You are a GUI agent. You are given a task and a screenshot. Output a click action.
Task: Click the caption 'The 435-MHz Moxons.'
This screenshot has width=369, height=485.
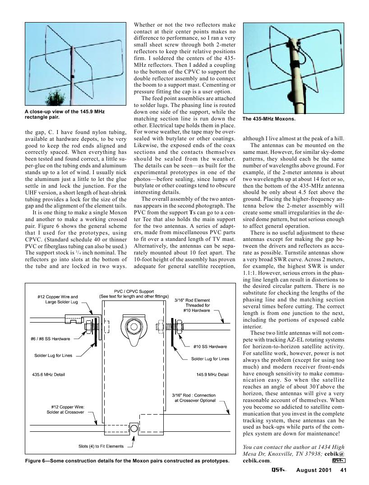tap(269, 119)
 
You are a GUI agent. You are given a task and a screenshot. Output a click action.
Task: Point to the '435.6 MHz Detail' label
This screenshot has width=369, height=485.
tap(48, 374)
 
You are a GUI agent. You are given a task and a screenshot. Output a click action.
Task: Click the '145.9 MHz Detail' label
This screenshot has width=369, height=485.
tap(213, 374)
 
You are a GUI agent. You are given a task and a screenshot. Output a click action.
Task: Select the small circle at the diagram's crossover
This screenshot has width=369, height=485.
tap(134, 427)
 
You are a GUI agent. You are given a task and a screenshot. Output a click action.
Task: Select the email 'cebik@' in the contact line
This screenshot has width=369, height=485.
tap(335, 454)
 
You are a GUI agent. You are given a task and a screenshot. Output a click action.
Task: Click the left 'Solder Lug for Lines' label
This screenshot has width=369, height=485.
tap(53, 356)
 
